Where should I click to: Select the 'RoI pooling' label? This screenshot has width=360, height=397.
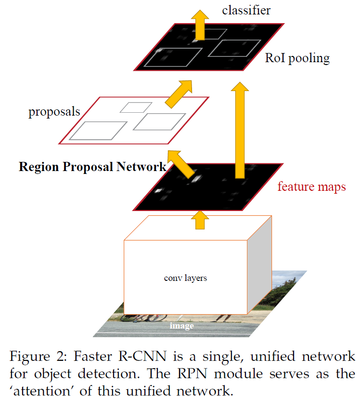point(297,58)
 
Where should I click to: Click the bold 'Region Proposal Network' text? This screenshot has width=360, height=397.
point(92,167)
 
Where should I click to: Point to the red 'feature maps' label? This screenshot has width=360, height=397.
point(311,186)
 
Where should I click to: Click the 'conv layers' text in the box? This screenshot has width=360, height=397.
point(185,278)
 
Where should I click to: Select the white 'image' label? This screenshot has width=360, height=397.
point(181,326)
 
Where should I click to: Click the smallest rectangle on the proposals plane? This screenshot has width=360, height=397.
point(136,107)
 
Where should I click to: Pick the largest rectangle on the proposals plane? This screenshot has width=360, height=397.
point(98,131)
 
